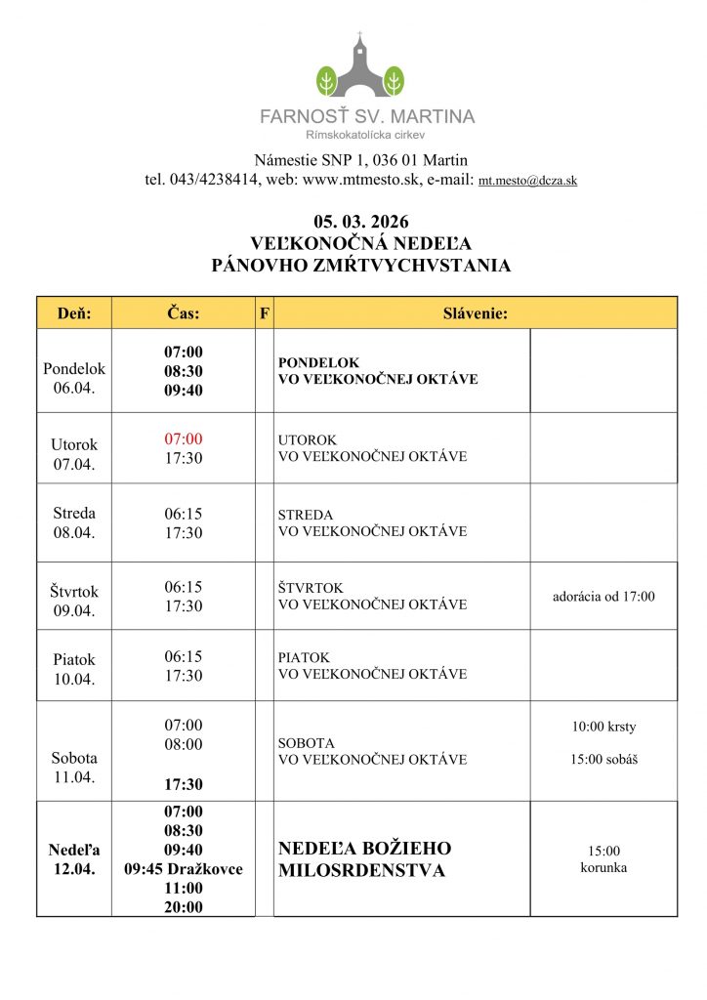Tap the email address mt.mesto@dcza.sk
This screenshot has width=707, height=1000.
pyautogui.click(x=527, y=181)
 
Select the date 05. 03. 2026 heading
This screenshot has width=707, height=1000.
pyautogui.click(x=360, y=222)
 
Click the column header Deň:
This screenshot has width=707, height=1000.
pyautogui.click(x=74, y=313)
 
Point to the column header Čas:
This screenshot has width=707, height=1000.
pyautogui.click(x=184, y=313)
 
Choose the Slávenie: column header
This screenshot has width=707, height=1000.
pyautogui.click(x=475, y=313)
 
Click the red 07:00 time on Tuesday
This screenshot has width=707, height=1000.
pyautogui.click(x=184, y=439)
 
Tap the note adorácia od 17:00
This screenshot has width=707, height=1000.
pyautogui.click(x=603, y=597)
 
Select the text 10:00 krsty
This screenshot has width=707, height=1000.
pyautogui.click(x=603, y=727)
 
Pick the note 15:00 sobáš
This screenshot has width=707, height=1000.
pyautogui.click(x=603, y=759)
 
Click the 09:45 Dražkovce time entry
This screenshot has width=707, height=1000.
pyautogui.click(x=184, y=869)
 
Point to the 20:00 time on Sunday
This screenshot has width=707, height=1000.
pyautogui.click(x=184, y=907)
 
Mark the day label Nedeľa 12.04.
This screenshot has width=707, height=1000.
pyautogui.click(x=74, y=859)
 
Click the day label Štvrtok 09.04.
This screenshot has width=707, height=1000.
pyautogui.click(x=74, y=601)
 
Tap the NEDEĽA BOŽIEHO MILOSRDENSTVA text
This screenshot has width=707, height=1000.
pyautogui.click(x=364, y=859)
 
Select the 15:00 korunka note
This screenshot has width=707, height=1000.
pyautogui.click(x=603, y=859)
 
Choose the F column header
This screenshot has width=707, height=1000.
pyautogui.click(x=264, y=313)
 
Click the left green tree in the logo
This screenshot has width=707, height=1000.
pyautogui.click(x=327, y=79)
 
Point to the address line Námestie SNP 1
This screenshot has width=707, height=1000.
pyautogui.click(x=360, y=160)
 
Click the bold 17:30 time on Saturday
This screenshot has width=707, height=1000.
pyautogui.click(x=184, y=784)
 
